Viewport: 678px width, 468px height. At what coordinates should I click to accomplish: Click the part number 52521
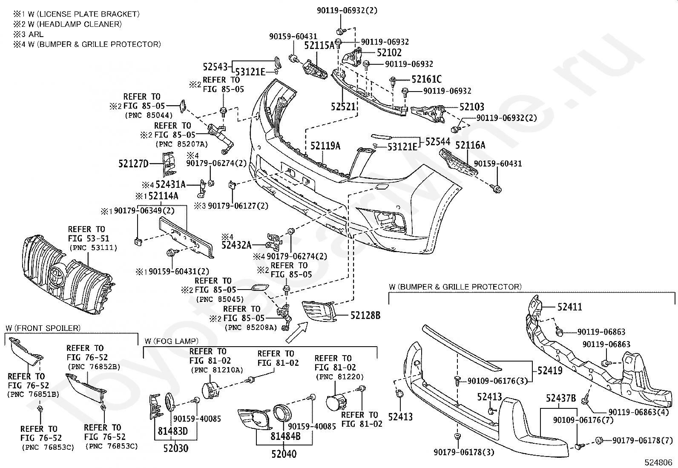tap(343, 106)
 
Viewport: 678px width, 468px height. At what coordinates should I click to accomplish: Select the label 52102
tap(389, 53)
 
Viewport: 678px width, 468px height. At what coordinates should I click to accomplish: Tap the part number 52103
tap(472, 106)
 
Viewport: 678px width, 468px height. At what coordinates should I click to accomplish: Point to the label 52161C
tap(426, 79)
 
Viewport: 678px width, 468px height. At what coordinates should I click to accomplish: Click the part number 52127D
tap(133, 164)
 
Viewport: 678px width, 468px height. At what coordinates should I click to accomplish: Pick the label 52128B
tap(365, 316)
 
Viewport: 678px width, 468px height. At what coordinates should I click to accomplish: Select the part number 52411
tap(570, 307)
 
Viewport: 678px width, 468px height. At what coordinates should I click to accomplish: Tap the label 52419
tap(550, 370)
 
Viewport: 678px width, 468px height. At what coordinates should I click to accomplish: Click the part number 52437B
tap(561, 398)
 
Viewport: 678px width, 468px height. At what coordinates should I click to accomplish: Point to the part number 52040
tap(284, 454)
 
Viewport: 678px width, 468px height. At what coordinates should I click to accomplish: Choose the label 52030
tap(176, 448)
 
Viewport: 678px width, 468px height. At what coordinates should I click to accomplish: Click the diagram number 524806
tap(658, 462)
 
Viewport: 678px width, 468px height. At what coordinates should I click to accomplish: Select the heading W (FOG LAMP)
tap(172, 341)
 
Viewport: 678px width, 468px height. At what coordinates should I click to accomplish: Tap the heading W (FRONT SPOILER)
tap(43, 328)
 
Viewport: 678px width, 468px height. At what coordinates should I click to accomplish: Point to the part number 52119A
tap(325, 146)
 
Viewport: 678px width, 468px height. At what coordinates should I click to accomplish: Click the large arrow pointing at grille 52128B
tap(296, 333)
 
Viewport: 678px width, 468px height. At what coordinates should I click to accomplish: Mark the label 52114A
tap(163, 196)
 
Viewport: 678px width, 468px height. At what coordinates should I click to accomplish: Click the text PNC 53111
tap(93, 247)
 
